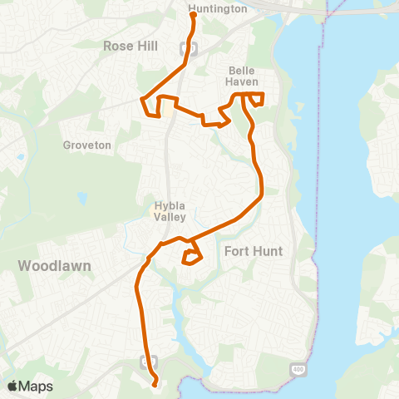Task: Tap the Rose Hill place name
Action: [x=131, y=47]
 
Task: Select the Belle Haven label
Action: [x=244, y=76]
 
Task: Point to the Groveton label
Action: [x=86, y=145]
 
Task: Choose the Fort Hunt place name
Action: [x=254, y=250]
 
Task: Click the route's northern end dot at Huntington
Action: [x=193, y=14]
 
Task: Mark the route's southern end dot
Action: [x=155, y=383]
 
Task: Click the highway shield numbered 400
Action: [x=298, y=368]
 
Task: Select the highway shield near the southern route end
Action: [x=148, y=361]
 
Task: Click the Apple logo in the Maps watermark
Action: [x=13, y=386]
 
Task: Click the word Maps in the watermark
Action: [x=37, y=386]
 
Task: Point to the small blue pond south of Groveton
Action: [x=82, y=199]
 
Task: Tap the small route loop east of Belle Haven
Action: [x=256, y=100]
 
